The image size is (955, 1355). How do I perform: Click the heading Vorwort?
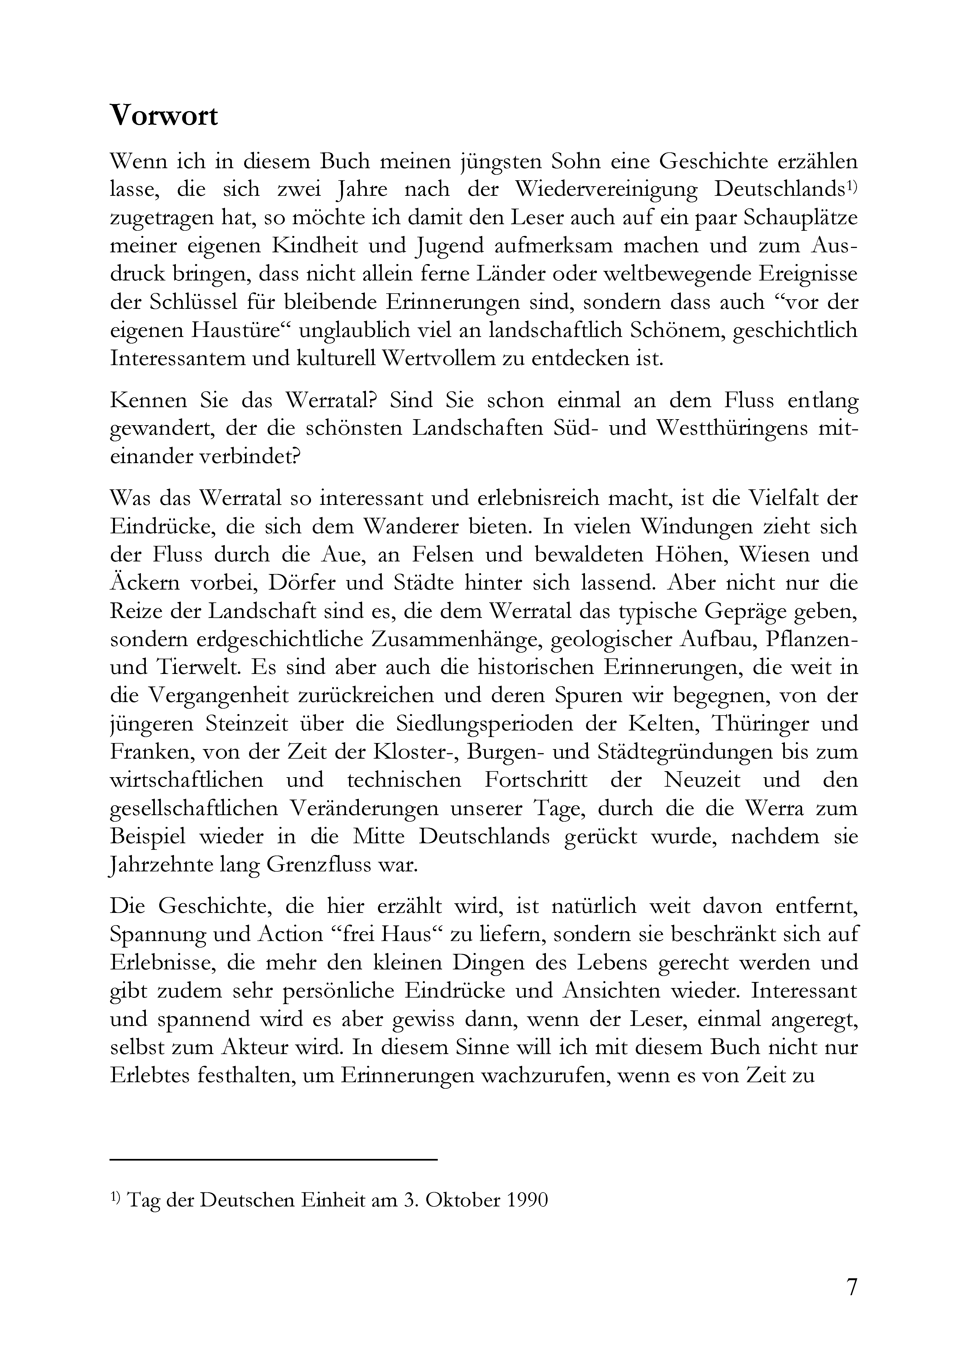pos(164,116)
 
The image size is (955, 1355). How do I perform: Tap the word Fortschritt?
pos(536,780)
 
